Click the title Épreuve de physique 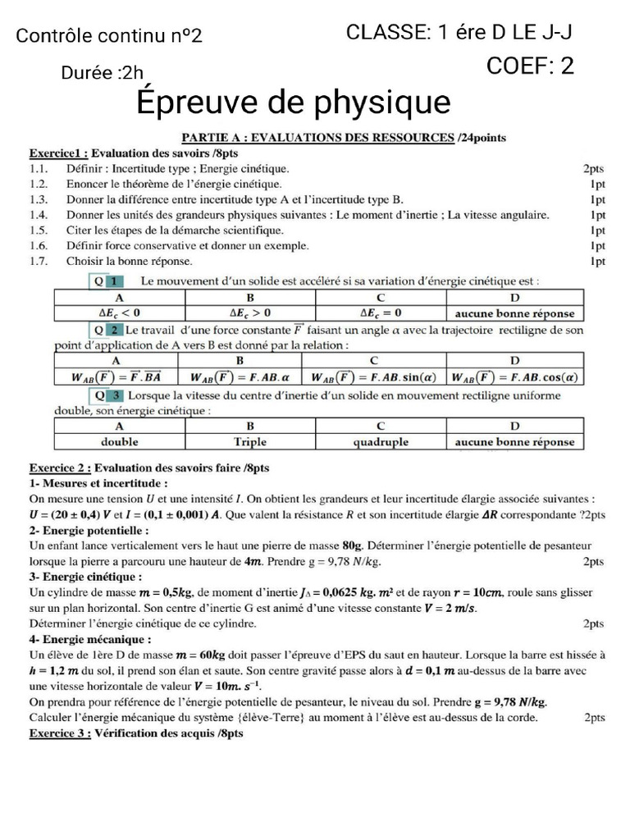[x=294, y=103]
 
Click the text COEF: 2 [x=530, y=66]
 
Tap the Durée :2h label [x=103, y=74]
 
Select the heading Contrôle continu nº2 [x=109, y=36]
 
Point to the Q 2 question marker [x=108, y=330]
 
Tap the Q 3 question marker [x=108, y=395]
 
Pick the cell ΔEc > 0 [x=250, y=313]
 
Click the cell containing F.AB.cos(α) [x=514, y=377]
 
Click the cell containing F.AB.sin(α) [x=373, y=377]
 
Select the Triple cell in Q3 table [x=250, y=441]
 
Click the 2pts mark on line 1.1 [x=594, y=169]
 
